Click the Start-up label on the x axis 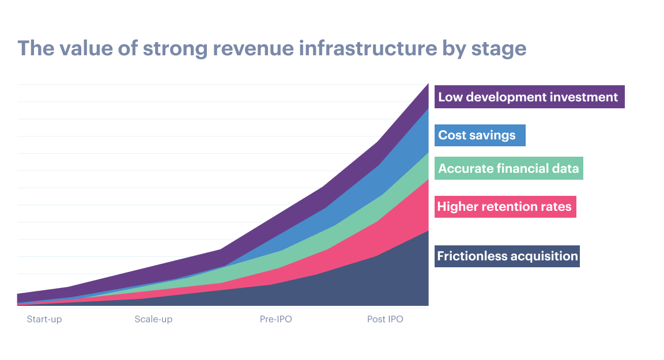(x=44, y=319)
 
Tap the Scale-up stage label (x=153, y=319)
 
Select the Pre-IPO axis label (x=276, y=319)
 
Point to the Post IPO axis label (x=385, y=319)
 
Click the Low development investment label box (x=529, y=97)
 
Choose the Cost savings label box (x=480, y=135)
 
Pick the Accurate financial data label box (x=508, y=168)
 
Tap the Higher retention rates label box (x=505, y=206)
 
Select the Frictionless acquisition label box (x=507, y=256)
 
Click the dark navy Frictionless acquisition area (x=375, y=282)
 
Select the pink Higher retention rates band (x=398, y=230)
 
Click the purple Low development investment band (x=403, y=124)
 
